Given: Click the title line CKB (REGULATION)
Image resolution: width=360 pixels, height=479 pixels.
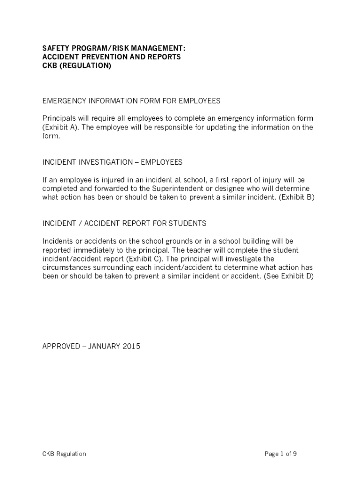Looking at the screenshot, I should (x=77, y=66).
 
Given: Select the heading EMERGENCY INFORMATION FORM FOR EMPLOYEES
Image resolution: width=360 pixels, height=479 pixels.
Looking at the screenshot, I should (x=131, y=101).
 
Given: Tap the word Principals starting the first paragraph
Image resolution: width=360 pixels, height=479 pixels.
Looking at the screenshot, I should (x=59, y=118).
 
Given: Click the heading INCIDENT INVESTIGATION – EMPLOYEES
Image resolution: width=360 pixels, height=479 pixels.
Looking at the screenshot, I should (x=113, y=162).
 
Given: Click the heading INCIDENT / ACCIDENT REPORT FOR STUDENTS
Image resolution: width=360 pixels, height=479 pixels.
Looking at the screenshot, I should (x=124, y=224).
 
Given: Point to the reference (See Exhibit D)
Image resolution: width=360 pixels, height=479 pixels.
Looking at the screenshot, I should (x=288, y=276).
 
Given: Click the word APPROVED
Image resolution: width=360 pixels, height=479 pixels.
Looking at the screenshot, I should (x=61, y=347).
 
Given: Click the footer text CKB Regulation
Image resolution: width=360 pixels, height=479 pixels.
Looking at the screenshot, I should (x=64, y=454).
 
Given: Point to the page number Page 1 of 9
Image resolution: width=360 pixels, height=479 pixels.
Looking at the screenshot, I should (x=281, y=454).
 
